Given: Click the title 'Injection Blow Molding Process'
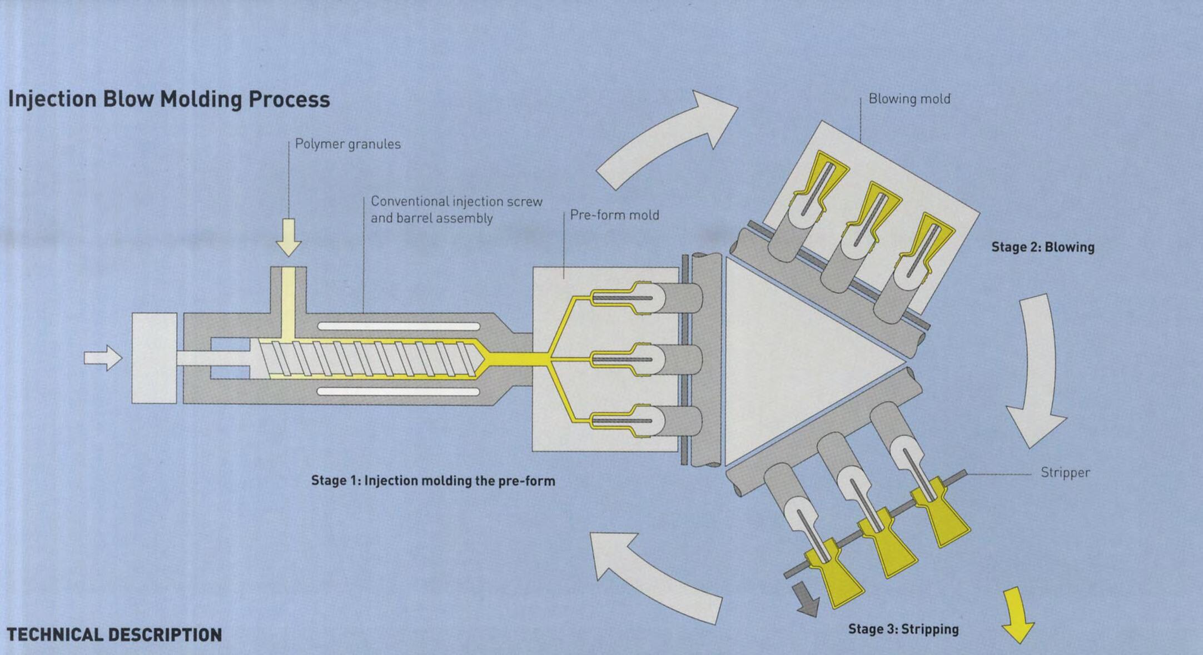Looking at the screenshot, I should [169, 99].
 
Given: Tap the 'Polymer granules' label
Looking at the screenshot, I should [347, 144].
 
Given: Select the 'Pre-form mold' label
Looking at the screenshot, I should [614, 215].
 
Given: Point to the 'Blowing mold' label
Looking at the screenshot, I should [909, 99].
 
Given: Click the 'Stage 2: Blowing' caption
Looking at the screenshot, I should [1043, 247].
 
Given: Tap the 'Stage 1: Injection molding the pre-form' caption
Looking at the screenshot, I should [433, 481].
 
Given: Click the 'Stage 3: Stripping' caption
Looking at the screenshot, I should [903, 629].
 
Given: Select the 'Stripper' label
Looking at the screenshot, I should [1065, 473].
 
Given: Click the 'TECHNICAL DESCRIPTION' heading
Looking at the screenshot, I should [114, 635].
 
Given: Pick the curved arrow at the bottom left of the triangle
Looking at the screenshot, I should [650, 575].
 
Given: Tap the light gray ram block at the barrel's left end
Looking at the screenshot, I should [154, 358].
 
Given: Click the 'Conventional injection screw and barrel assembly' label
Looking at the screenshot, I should [456, 209].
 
